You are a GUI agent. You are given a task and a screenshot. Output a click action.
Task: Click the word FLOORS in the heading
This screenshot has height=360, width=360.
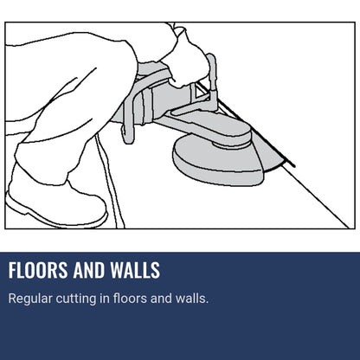click(x=36, y=270)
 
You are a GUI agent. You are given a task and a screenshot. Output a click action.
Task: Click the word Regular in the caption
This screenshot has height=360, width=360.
click(x=30, y=299)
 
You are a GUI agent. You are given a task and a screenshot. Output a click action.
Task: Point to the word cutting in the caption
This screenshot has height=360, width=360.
click(x=80, y=299)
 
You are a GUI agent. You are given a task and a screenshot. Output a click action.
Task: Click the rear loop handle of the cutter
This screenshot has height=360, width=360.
click(x=127, y=112)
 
